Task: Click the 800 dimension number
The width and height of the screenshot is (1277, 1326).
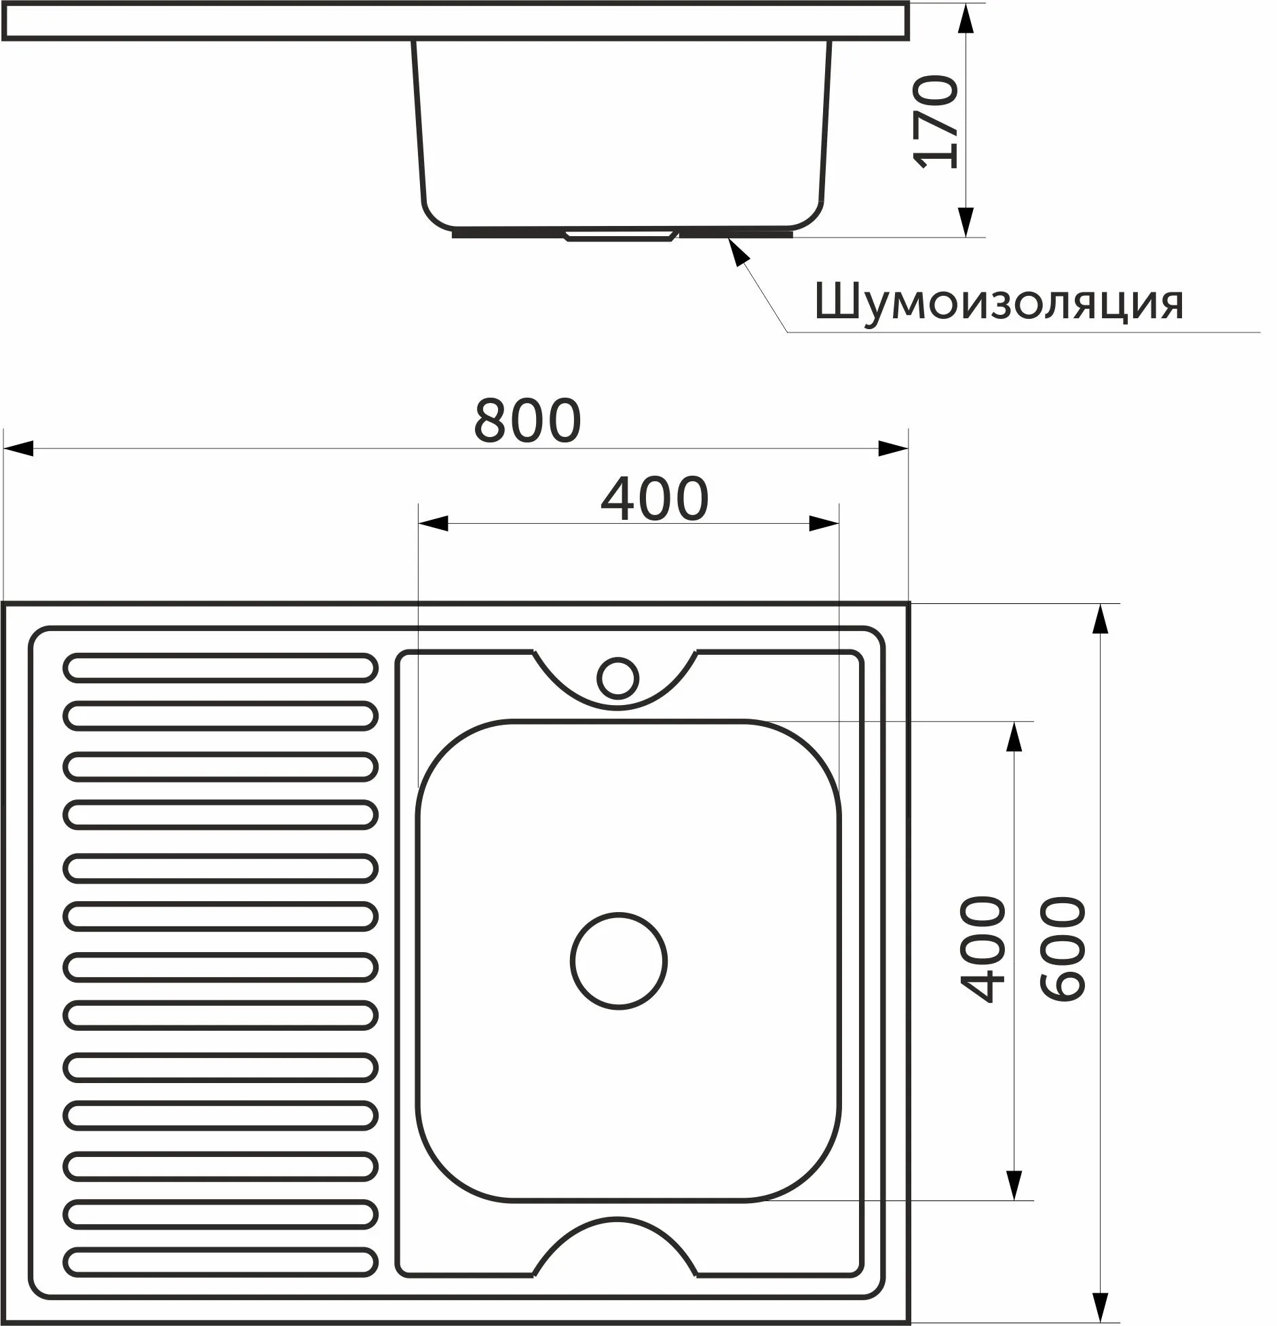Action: [527, 421]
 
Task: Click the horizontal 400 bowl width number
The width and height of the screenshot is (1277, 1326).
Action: [655, 499]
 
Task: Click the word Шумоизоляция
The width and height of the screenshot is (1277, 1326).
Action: [999, 303]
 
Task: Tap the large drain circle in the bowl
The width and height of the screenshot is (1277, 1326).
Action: [619, 961]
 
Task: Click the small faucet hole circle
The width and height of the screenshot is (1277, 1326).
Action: [617, 678]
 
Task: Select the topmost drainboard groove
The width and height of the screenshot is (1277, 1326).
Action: [221, 667]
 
